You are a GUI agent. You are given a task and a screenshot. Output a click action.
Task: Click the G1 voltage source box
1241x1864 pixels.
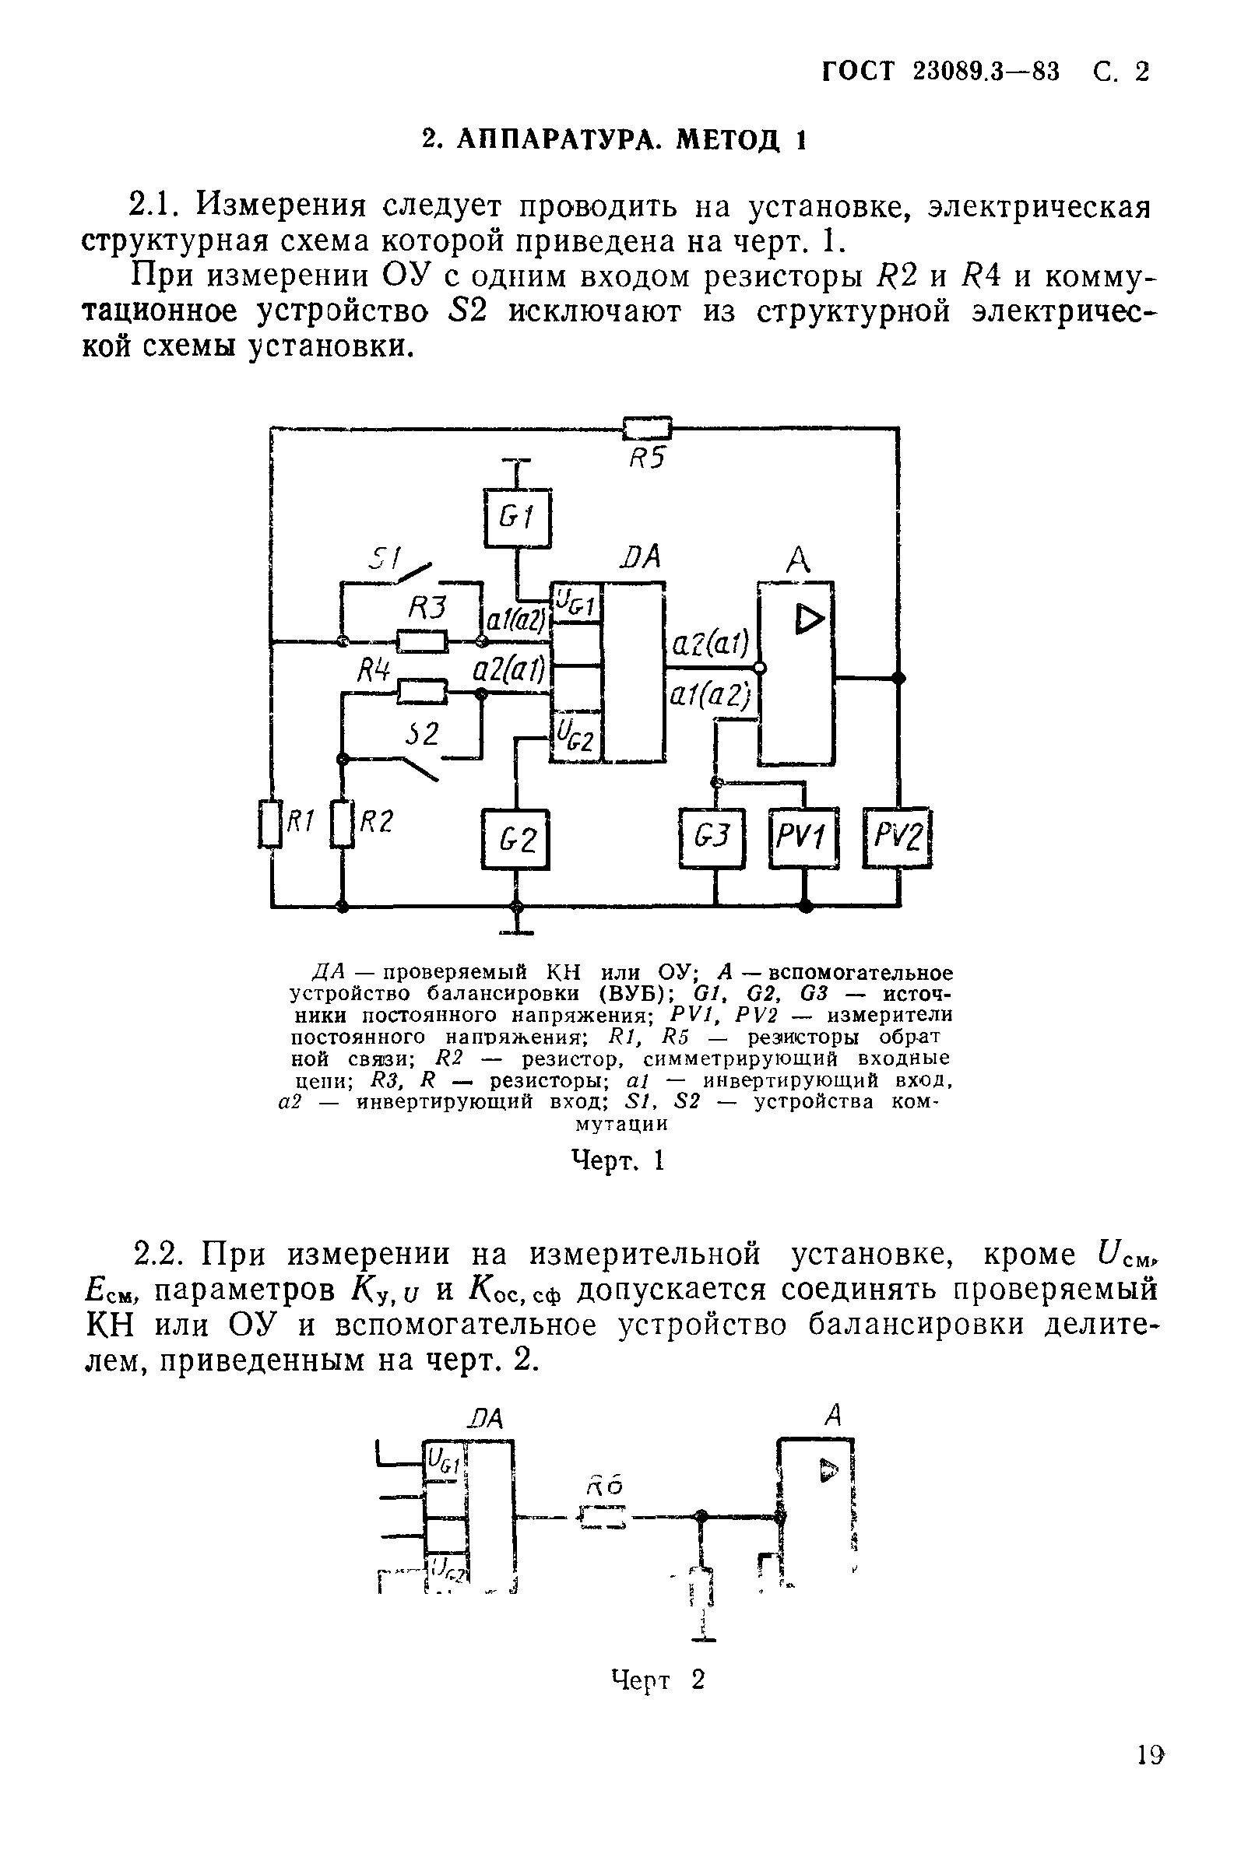pyautogui.click(x=517, y=518)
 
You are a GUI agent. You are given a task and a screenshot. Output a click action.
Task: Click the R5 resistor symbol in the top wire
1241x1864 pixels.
pyautogui.click(x=647, y=429)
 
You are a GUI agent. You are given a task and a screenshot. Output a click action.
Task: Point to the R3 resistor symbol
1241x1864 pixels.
pyautogui.click(x=422, y=640)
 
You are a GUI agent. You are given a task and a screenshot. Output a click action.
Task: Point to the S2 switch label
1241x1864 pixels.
pyautogui.click(x=422, y=733)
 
